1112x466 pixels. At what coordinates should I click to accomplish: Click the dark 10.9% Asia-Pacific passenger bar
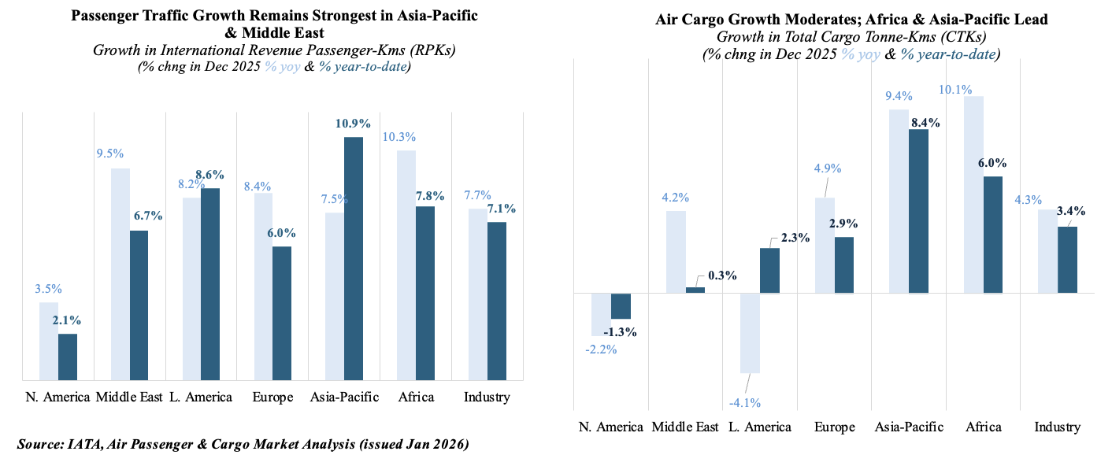tap(354, 259)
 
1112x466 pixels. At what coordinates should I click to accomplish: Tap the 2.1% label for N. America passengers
tap(66, 320)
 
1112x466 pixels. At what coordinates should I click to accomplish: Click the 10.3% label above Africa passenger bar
tap(400, 137)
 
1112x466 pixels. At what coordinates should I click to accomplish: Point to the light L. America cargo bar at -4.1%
tap(751, 333)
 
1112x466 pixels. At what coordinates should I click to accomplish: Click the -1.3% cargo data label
tap(620, 332)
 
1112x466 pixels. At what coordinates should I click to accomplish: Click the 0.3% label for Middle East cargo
tap(721, 276)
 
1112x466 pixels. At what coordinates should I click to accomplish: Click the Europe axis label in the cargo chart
tap(835, 427)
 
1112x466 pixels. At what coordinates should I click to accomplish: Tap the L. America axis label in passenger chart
tap(201, 397)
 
